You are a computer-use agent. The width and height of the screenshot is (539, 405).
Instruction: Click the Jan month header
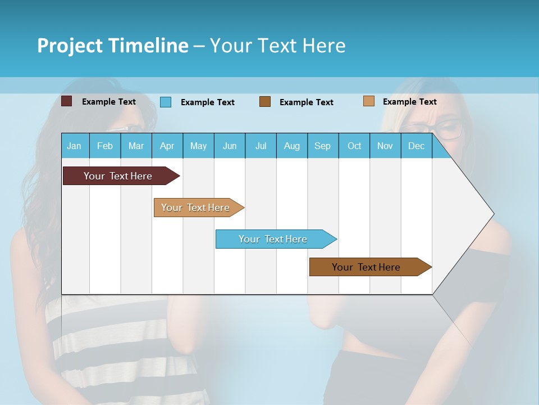(x=74, y=146)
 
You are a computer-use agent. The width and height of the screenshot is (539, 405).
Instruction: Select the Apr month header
(x=167, y=146)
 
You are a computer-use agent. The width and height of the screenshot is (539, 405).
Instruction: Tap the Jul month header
(x=261, y=146)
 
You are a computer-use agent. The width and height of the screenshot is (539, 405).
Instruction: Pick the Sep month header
(x=322, y=146)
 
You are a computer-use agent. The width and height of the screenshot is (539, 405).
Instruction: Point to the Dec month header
(x=416, y=146)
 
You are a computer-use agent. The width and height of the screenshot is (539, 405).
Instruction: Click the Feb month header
(x=105, y=146)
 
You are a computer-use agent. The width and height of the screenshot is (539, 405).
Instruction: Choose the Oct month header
(x=354, y=146)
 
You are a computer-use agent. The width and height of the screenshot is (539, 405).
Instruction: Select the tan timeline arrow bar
(x=197, y=208)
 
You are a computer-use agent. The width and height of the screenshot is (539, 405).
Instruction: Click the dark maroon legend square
(x=66, y=101)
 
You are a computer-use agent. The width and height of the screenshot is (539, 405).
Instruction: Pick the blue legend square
(x=165, y=102)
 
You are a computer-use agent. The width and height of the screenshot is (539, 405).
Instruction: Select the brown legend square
(x=265, y=102)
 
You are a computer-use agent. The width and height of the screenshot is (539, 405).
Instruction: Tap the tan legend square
(x=368, y=101)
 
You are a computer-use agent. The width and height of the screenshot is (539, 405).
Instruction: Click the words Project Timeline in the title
(x=112, y=46)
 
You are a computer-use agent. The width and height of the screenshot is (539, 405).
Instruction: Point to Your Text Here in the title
(x=277, y=46)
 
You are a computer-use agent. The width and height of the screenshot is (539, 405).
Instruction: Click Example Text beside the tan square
(x=409, y=102)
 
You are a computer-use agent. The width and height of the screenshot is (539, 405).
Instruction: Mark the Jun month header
(x=230, y=146)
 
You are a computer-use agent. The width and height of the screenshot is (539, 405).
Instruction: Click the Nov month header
(x=385, y=146)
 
